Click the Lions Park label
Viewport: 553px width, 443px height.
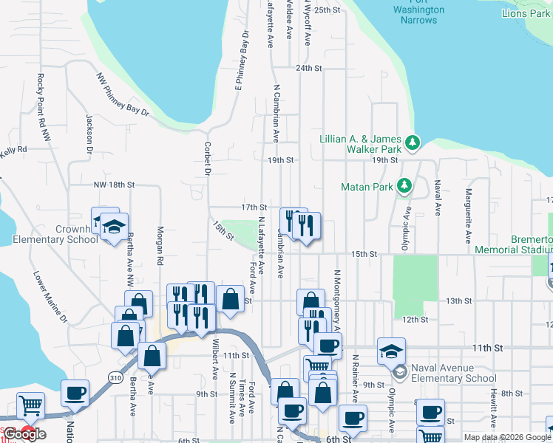click(x=525, y=13)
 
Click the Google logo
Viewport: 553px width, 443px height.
click(x=25, y=434)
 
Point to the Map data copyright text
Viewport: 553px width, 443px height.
click(x=507, y=437)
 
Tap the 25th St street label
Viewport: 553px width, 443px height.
click(x=327, y=10)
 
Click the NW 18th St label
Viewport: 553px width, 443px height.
click(x=114, y=185)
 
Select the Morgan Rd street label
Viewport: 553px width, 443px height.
click(x=160, y=245)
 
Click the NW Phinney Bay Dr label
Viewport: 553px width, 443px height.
click(x=122, y=94)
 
